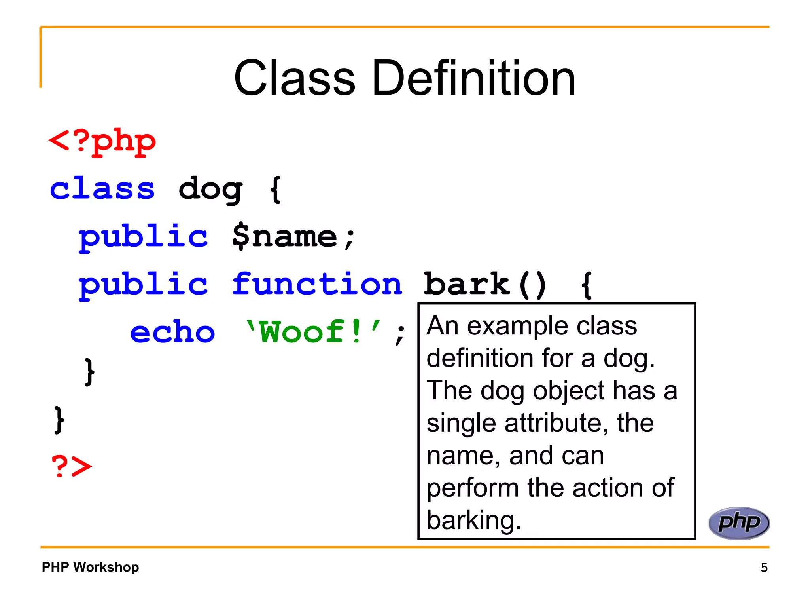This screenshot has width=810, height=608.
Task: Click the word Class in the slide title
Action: tap(295, 78)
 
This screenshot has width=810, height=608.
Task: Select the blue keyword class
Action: tap(102, 189)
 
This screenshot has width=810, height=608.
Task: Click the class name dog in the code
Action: tap(210, 190)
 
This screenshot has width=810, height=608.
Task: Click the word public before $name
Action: tap(143, 237)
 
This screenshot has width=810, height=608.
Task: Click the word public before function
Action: tap(143, 285)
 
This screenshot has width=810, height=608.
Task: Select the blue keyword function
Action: tap(317, 284)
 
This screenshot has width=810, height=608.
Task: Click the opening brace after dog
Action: tap(275, 190)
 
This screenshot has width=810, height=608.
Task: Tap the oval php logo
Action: tap(738, 523)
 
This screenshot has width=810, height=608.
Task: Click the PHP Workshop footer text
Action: tap(90, 567)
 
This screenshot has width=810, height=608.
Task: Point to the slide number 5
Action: tap(764, 568)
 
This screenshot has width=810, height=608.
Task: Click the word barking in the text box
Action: tap(473, 520)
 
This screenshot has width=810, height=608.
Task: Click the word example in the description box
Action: tap(519, 326)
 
